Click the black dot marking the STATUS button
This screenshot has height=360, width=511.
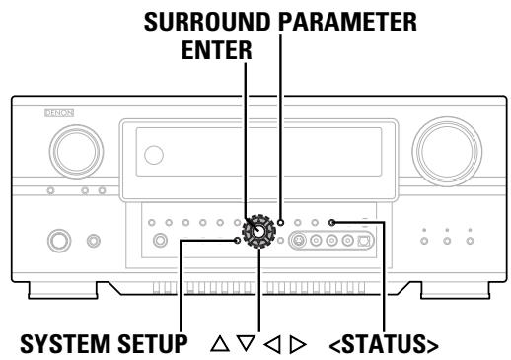(333, 223)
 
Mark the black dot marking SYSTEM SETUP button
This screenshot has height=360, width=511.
(237, 240)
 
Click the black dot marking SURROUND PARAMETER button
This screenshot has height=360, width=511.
(281, 223)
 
